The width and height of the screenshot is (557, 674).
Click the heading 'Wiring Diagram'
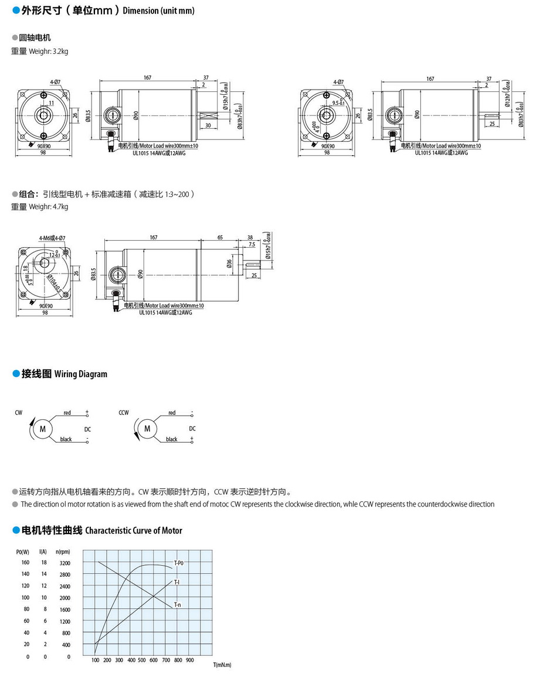point(81,374)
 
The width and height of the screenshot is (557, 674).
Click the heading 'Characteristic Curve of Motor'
point(134,531)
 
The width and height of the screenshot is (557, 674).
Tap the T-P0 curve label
point(179,563)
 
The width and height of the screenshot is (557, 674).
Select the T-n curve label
point(177,604)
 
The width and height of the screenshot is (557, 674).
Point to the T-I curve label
point(176,582)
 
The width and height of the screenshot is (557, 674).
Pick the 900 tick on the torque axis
point(189,660)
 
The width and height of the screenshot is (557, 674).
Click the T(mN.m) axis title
point(222,665)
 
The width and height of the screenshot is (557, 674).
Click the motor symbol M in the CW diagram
point(42,429)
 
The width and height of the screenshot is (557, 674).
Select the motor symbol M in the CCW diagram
point(148,429)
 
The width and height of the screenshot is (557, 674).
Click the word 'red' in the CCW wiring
point(172,413)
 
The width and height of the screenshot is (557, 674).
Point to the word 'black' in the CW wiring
point(66,439)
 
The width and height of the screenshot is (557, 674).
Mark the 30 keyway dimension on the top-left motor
point(208,125)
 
